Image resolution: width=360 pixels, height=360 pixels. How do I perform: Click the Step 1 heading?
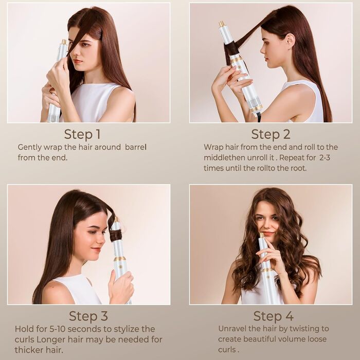(82, 135)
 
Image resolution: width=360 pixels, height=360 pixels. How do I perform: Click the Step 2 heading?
(271, 135)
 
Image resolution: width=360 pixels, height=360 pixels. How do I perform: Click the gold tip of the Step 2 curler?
(222, 24)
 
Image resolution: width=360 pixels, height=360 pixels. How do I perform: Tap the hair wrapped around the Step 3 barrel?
(116, 236)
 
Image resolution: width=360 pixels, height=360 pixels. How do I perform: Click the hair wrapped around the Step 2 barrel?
(233, 49)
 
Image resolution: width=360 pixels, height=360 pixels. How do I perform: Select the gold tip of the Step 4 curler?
(261, 236)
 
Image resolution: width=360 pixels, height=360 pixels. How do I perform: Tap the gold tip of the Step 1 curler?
(64, 42)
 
